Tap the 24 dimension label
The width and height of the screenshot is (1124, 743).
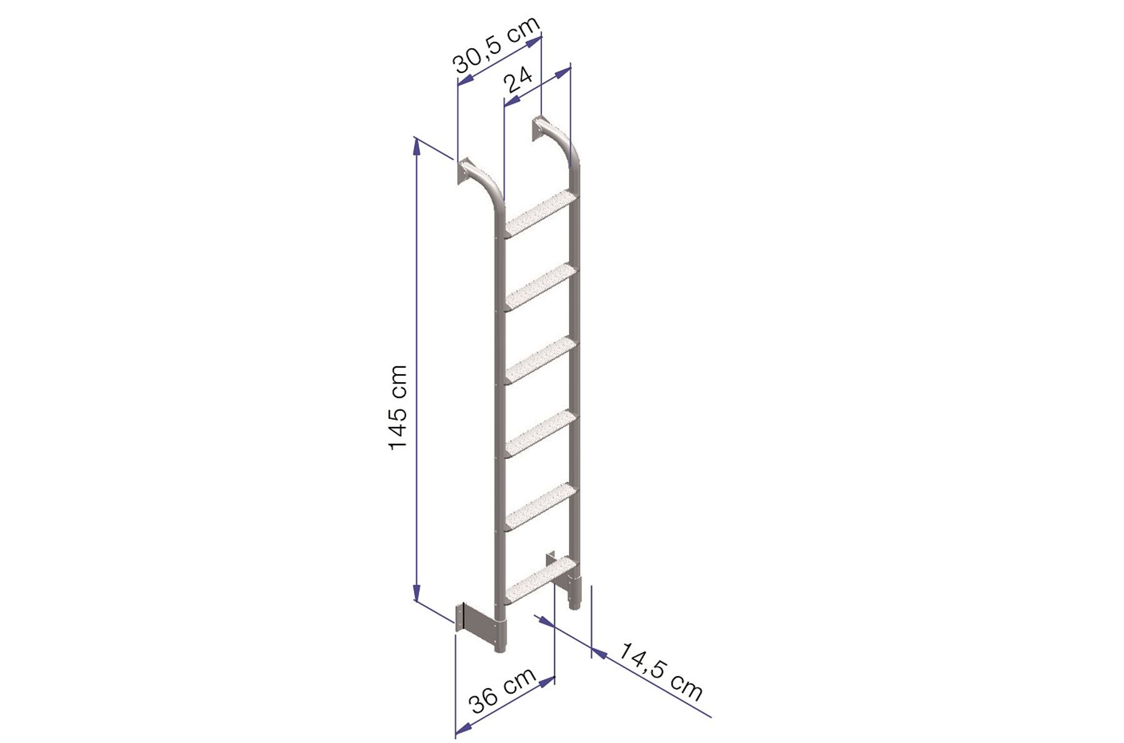(x=518, y=79)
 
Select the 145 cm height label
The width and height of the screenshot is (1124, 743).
(x=398, y=407)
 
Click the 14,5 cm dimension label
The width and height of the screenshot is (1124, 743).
(x=661, y=671)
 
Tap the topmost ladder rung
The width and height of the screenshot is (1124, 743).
(x=541, y=214)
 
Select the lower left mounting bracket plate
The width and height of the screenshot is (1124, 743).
(x=478, y=626)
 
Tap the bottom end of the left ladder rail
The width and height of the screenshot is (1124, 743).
(x=500, y=649)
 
